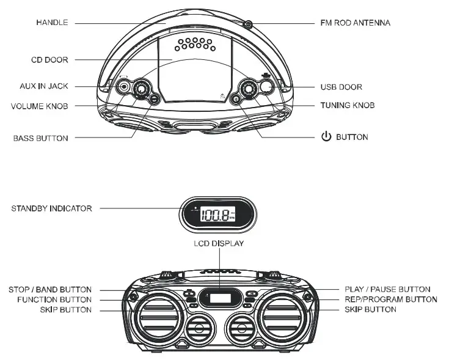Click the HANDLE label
(x=51, y=23)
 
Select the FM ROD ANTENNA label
(x=355, y=23)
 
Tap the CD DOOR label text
(x=49, y=60)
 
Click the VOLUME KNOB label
(x=39, y=106)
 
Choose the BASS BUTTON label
(x=40, y=138)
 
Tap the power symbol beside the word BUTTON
(x=326, y=137)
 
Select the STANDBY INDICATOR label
(x=51, y=208)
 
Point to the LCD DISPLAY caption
(x=218, y=243)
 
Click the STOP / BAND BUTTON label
(x=50, y=289)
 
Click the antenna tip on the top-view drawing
(x=247, y=24)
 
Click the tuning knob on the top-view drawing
(x=249, y=89)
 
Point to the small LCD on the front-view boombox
(x=221, y=299)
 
